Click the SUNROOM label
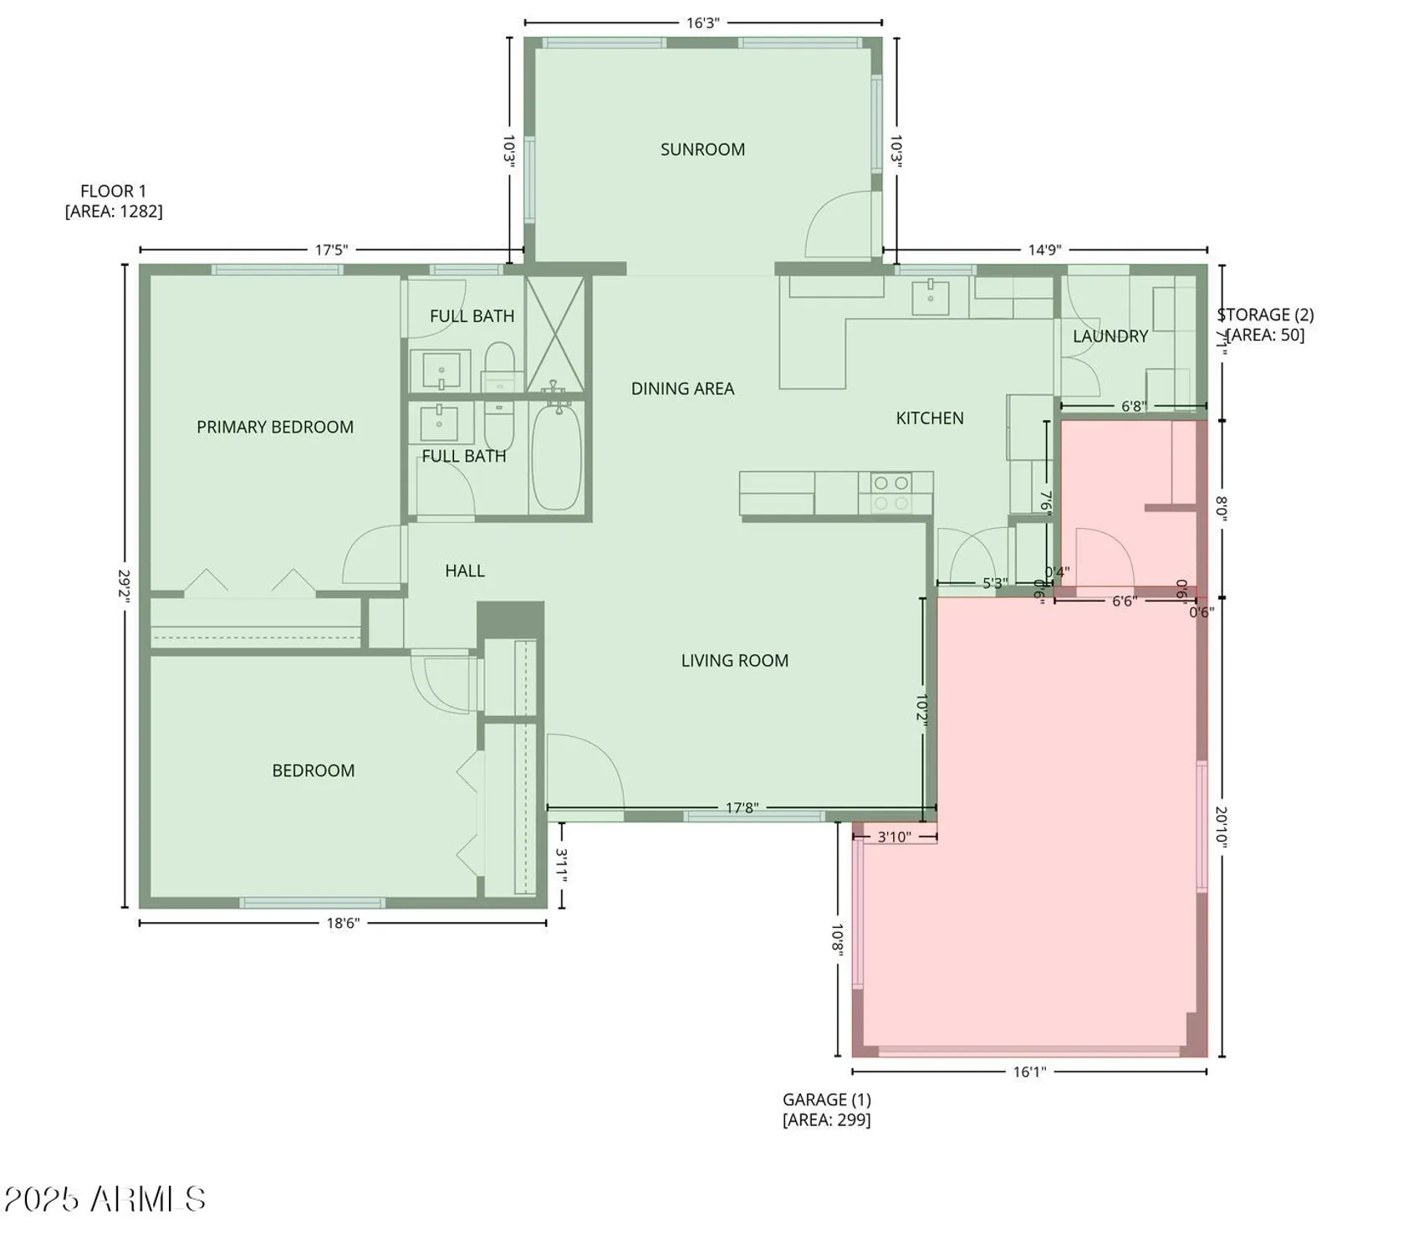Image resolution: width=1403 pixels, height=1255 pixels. click(702, 150)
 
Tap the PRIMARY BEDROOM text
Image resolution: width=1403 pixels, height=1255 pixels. click(275, 428)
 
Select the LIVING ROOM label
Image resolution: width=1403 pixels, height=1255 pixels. click(734, 661)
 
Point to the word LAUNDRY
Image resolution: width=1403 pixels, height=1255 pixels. click(1110, 336)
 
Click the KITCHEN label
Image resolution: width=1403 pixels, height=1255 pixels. click(930, 418)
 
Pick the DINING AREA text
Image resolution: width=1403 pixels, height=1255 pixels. click(682, 389)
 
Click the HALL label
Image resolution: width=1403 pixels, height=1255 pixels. click(464, 571)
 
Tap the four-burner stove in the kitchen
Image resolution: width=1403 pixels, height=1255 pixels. click(890, 493)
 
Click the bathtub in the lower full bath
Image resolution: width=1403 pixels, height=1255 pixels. click(557, 458)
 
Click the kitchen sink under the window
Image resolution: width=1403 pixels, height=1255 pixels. click(930, 297)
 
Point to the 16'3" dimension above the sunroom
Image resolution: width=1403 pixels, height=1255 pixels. click(702, 23)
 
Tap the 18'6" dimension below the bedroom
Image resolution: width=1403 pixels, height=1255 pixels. click(342, 923)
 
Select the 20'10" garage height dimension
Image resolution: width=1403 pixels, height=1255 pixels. click(1221, 827)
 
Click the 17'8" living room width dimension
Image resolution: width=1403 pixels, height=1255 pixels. click(741, 808)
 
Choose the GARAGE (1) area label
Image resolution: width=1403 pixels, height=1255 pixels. click(826, 1109)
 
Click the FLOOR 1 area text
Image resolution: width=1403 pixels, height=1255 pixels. click(114, 202)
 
